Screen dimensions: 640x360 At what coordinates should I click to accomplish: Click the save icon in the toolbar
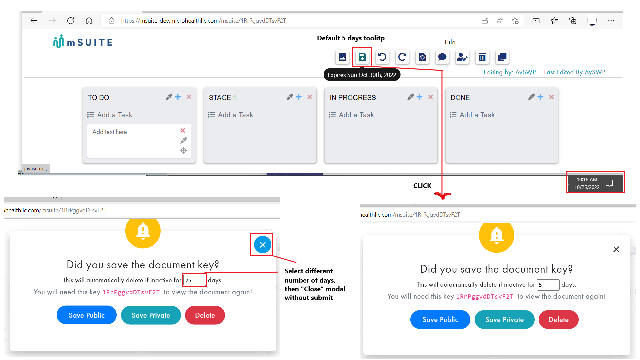(362, 57)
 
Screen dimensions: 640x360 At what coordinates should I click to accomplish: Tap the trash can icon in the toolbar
(482, 57)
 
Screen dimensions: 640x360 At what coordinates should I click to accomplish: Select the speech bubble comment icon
(442, 57)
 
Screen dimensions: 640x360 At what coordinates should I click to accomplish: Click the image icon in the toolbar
(342, 57)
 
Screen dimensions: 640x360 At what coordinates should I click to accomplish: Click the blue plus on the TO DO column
(178, 97)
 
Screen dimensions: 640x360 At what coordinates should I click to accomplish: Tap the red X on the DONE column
(551, 97)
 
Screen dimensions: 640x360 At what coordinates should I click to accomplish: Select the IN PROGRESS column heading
(353, 98)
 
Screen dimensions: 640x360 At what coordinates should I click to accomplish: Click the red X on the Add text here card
(183, 131)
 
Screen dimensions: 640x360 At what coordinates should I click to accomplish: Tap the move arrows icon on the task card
(184, 151)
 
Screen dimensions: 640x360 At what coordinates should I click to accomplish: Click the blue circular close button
(263, 245)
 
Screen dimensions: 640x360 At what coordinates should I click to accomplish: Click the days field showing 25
(195, 280)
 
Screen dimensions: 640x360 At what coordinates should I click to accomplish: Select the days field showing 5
(548, 285)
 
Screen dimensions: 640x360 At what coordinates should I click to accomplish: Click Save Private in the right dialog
(504, 320)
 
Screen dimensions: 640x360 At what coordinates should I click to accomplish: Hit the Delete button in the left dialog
(205, 315)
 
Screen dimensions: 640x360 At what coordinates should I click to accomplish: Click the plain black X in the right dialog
(616, 249)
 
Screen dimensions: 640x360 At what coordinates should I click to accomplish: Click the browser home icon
(89, 21)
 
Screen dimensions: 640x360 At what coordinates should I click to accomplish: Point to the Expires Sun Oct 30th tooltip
(362, 75)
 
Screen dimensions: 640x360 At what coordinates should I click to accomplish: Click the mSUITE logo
(83, 42)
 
